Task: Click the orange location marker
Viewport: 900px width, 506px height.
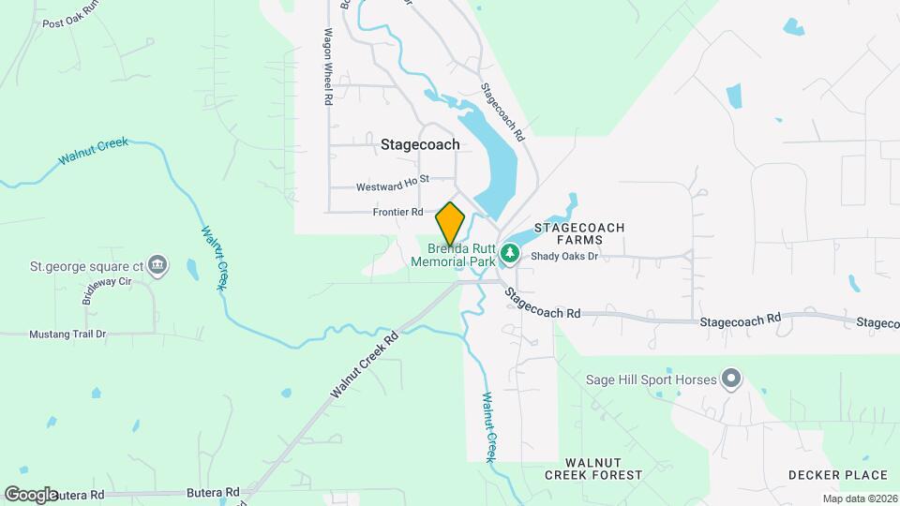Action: [x=451, y=224]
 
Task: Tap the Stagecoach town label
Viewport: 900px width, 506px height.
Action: [x=420, y=144]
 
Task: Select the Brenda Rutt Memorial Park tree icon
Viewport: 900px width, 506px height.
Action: [x=509, y=252]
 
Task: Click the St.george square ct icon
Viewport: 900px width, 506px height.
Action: [x=158, y=266]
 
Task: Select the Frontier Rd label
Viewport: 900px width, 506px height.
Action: [x=397, y=212]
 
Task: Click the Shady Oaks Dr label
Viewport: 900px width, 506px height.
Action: [x=563, y=256]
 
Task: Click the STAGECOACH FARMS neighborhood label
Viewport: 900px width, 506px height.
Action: [x=578, y=234]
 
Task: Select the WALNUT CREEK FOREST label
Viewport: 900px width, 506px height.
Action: [x=594, y=469]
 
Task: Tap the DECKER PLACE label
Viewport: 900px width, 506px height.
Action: [x=837, y=475]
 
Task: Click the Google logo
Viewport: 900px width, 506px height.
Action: [x=30, y=494]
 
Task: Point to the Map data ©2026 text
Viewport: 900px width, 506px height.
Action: [x=859, y=498]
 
